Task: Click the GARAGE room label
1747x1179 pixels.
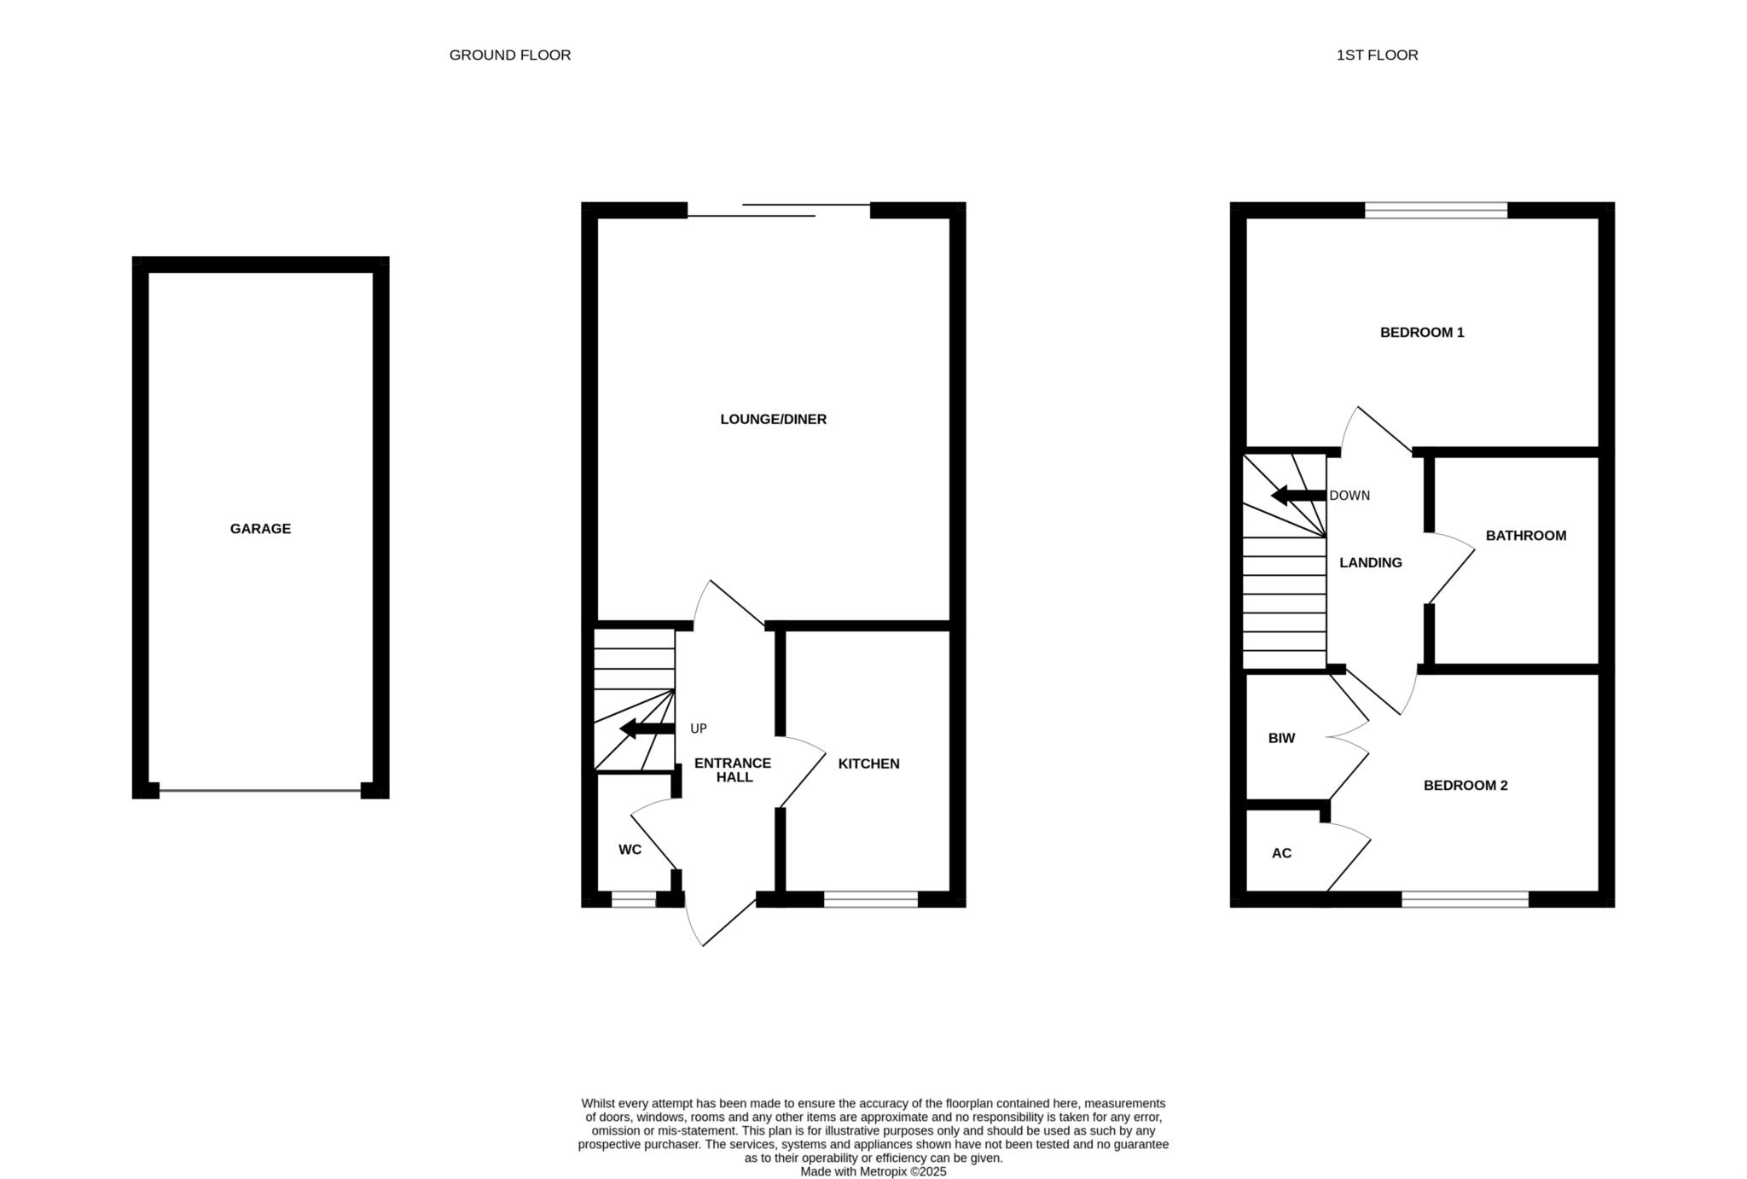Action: pyautogui.click(x=260, y=529)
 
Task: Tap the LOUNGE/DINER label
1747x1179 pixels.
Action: pyautogui.click(x=773, y=420)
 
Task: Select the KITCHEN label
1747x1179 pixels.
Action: pyautogui.click(x=868, y=764)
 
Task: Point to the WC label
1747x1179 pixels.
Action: pyautogui.click(x=630, y=850)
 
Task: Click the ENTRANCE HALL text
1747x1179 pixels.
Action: pyautogui.click(x=733, y=770)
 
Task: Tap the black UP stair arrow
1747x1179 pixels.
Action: pyautogui.click(x=647, y=729)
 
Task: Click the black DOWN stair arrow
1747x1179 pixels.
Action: pyautogui.click(x=1298, y=496)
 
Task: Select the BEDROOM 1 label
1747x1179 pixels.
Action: pyautogui.click(x=1422, y=333)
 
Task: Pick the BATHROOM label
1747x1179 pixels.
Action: pyautogui.click(x=1526, y=536)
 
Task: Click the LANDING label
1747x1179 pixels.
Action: pyautogui.click(x=1371, y=563)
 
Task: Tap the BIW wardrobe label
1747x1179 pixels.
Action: pyautogui.click(x=1281, y=739)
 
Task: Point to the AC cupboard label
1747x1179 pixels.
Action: pyautogui.click(x=1281, y=853)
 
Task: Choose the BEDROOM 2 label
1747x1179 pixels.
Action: pyautogui.click(x=1466, y=786)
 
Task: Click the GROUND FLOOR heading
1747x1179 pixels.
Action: pyautogui.click(x=510, y=55)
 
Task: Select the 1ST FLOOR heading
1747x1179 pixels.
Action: pyautogui.click(x=1377, y=55)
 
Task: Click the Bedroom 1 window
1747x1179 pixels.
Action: pyautogui.click(x=1436, y=211)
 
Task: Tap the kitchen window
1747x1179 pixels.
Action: pyautogui.click(x=871, y=899)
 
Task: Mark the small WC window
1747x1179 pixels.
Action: pyautogui.click(x=634, y=899)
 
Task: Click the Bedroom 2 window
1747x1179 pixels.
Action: pyautogui.click(x=1466, y=899)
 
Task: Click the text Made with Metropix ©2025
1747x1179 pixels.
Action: pyautogui.click(x=873, y=1172)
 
